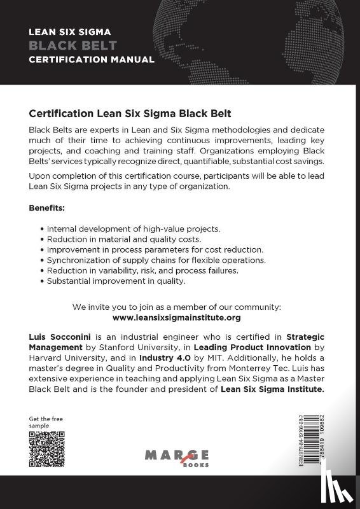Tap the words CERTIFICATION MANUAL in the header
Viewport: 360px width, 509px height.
[92, 60]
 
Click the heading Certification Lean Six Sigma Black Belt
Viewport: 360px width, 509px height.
[130, 113]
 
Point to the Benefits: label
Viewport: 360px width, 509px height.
[47, 208]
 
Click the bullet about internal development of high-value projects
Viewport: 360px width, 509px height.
[130, 228]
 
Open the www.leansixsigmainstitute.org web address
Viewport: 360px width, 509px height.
[177, 317]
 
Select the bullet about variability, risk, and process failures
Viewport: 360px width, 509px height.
[138, 270]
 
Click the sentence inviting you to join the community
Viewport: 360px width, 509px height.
[177, 306]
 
